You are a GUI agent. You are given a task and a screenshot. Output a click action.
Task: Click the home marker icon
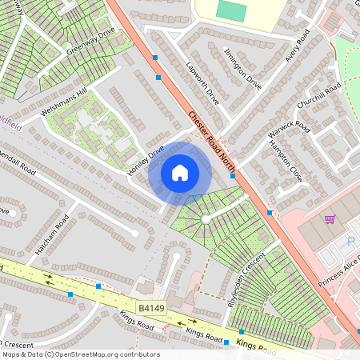click(x=180, y=172)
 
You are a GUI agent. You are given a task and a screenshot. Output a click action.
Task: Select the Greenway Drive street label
click(x=91, y=43)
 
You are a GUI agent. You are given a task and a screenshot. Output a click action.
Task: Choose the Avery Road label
click(x=298, y=50)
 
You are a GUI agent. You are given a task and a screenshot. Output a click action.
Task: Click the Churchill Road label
click(x=318, y=101)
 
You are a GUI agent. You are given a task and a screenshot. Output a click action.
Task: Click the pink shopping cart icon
click(x=329, y=219)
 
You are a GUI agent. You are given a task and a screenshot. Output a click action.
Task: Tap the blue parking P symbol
click(x=350, y=241)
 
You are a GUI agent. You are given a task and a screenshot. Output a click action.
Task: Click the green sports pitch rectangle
click(x=232, y=11)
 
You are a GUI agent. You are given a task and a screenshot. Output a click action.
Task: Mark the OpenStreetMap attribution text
click(x=80, y=354)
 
